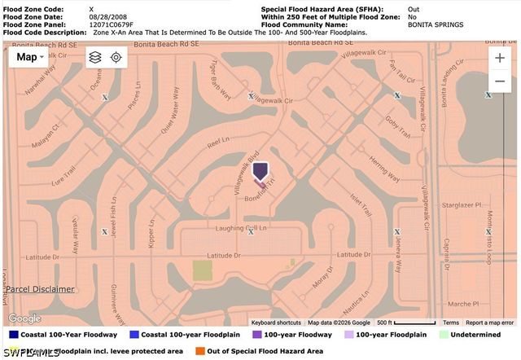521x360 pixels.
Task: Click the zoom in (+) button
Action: click(x=499, y=59)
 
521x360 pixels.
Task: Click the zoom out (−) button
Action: click(x=499, y=82)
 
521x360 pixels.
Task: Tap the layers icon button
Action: click(x=95, y=57)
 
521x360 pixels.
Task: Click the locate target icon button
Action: click(x=116, y=57)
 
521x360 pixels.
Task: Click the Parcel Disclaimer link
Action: click(x=41, y=289)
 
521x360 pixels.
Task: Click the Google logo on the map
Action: click(x=24, y=318)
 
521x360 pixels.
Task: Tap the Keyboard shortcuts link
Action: click(x=275, y=323)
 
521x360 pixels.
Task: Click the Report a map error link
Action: click(x=489, y=323)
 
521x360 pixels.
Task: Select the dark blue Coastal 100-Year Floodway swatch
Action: click(x=13, y=334)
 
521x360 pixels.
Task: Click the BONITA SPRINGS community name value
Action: click(x=436, y=24)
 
